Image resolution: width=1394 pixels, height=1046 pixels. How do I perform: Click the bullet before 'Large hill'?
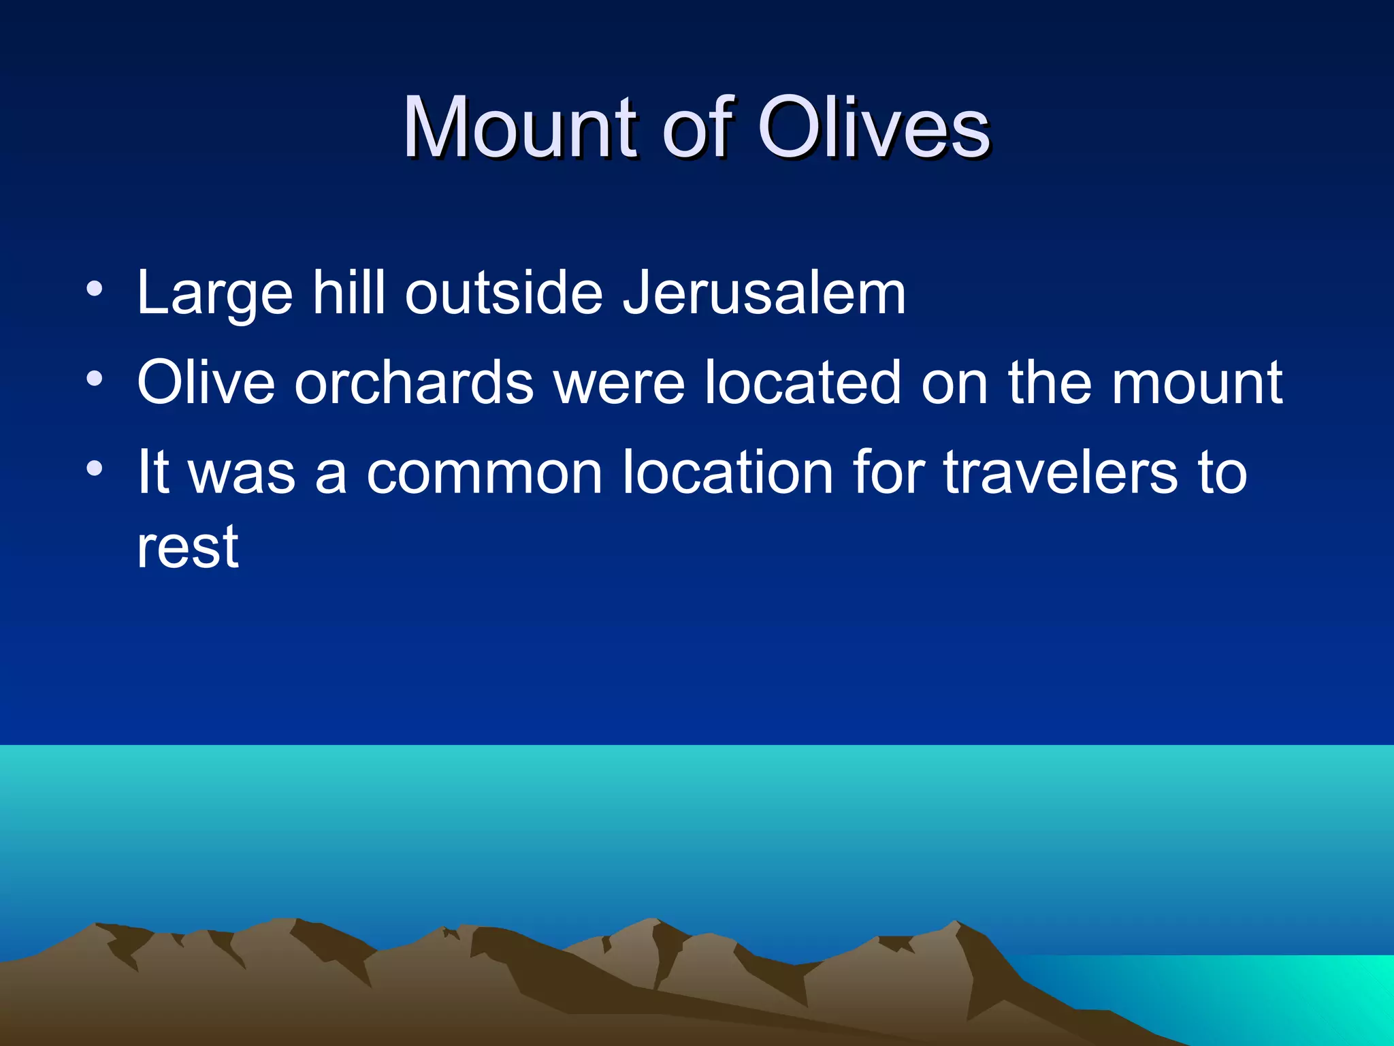[x=95, y=291]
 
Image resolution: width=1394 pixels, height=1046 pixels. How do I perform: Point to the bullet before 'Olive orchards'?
[x=95, y=379]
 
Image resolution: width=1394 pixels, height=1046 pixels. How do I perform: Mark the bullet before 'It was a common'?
[x=95, y=469]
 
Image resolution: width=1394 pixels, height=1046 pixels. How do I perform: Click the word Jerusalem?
[x=764, y=294]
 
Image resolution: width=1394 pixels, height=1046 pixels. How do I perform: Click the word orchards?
[x=414, y=383]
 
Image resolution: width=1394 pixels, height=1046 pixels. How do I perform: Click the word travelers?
[x=1060, y=472]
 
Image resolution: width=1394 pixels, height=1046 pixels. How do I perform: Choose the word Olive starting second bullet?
[x=206, y=383]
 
